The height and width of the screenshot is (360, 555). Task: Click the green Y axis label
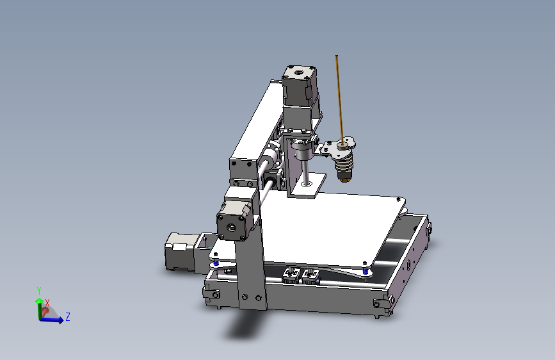39,290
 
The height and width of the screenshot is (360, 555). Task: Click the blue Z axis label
68,316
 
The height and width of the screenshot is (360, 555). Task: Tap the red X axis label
47,302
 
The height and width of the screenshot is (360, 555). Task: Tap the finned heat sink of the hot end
344,167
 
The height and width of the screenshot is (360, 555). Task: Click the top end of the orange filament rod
337,57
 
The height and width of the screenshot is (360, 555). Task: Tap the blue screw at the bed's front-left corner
216,263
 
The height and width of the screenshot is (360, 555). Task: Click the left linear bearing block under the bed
291,275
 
